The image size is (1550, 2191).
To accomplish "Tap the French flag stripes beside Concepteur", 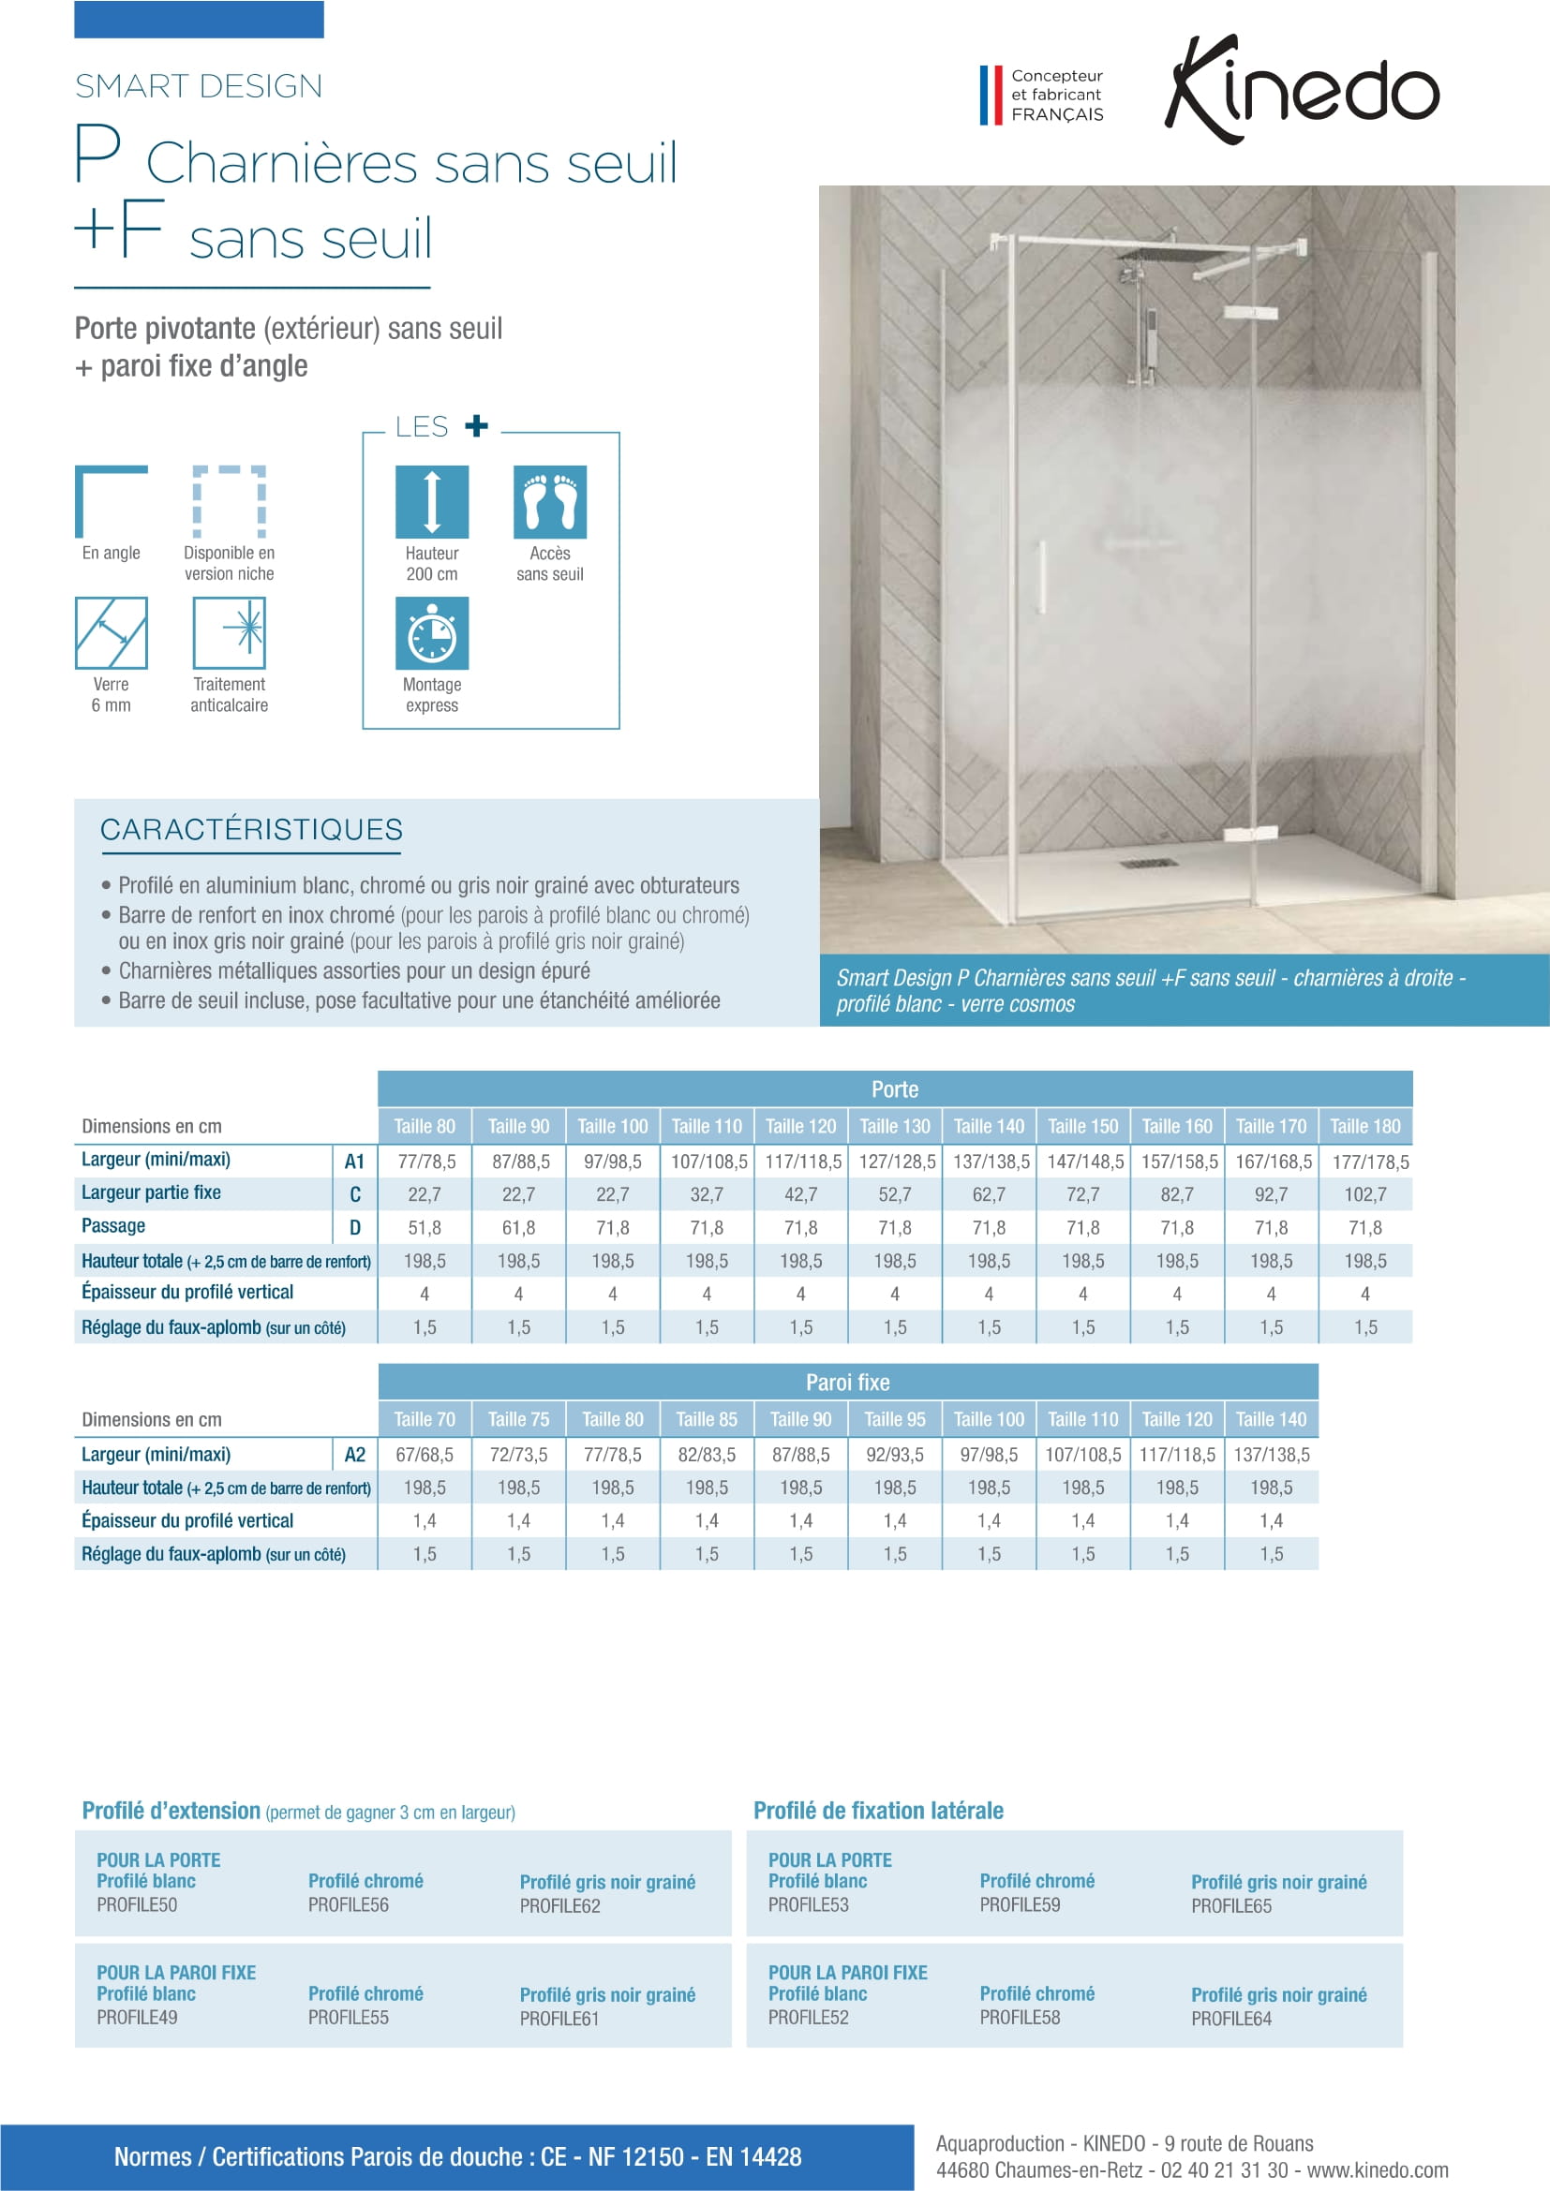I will pyautogui.click(x=991, y=95).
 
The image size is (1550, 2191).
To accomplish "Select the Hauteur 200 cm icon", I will pyautogui.click(x=431, y=502).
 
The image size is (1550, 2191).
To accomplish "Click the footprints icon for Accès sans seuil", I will pyautogui.click(x=550, y=502).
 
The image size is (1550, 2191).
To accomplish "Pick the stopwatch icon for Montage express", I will pyautogui.click(x=431, y=632).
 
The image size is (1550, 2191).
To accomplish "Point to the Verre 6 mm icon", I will pyautogui.click(x=111, y=632).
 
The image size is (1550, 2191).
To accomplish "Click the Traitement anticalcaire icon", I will pyautogui.click(x=229, y=632).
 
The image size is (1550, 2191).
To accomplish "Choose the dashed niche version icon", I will pyautogui.click(x=229, y=502).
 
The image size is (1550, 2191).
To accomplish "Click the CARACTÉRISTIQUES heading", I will pyautogui.click(x=251, y=830).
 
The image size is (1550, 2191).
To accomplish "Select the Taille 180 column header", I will pyautogui.click(x=1364, y=1126).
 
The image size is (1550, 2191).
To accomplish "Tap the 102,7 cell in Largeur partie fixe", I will pyautogui.click(x=1364, y=1193).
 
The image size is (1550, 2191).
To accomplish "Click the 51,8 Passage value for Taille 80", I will pyautogui.click(x=425, y=1227).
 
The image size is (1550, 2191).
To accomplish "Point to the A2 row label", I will pyautogui.click(x=354, y=1455).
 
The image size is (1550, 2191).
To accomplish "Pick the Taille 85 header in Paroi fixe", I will pyautogui.click(x=707, y=1419).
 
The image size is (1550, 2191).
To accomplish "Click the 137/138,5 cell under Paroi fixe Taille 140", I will pyautogui.click(x=1272, y=1455).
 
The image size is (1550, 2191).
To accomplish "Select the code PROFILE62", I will pyautogui.click(x=560, y=1905).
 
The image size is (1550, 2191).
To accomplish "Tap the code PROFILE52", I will pyautogui.click(x=809, y=2018).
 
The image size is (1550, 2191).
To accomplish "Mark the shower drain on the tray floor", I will pyautogui.click(x=1149, y=864).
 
